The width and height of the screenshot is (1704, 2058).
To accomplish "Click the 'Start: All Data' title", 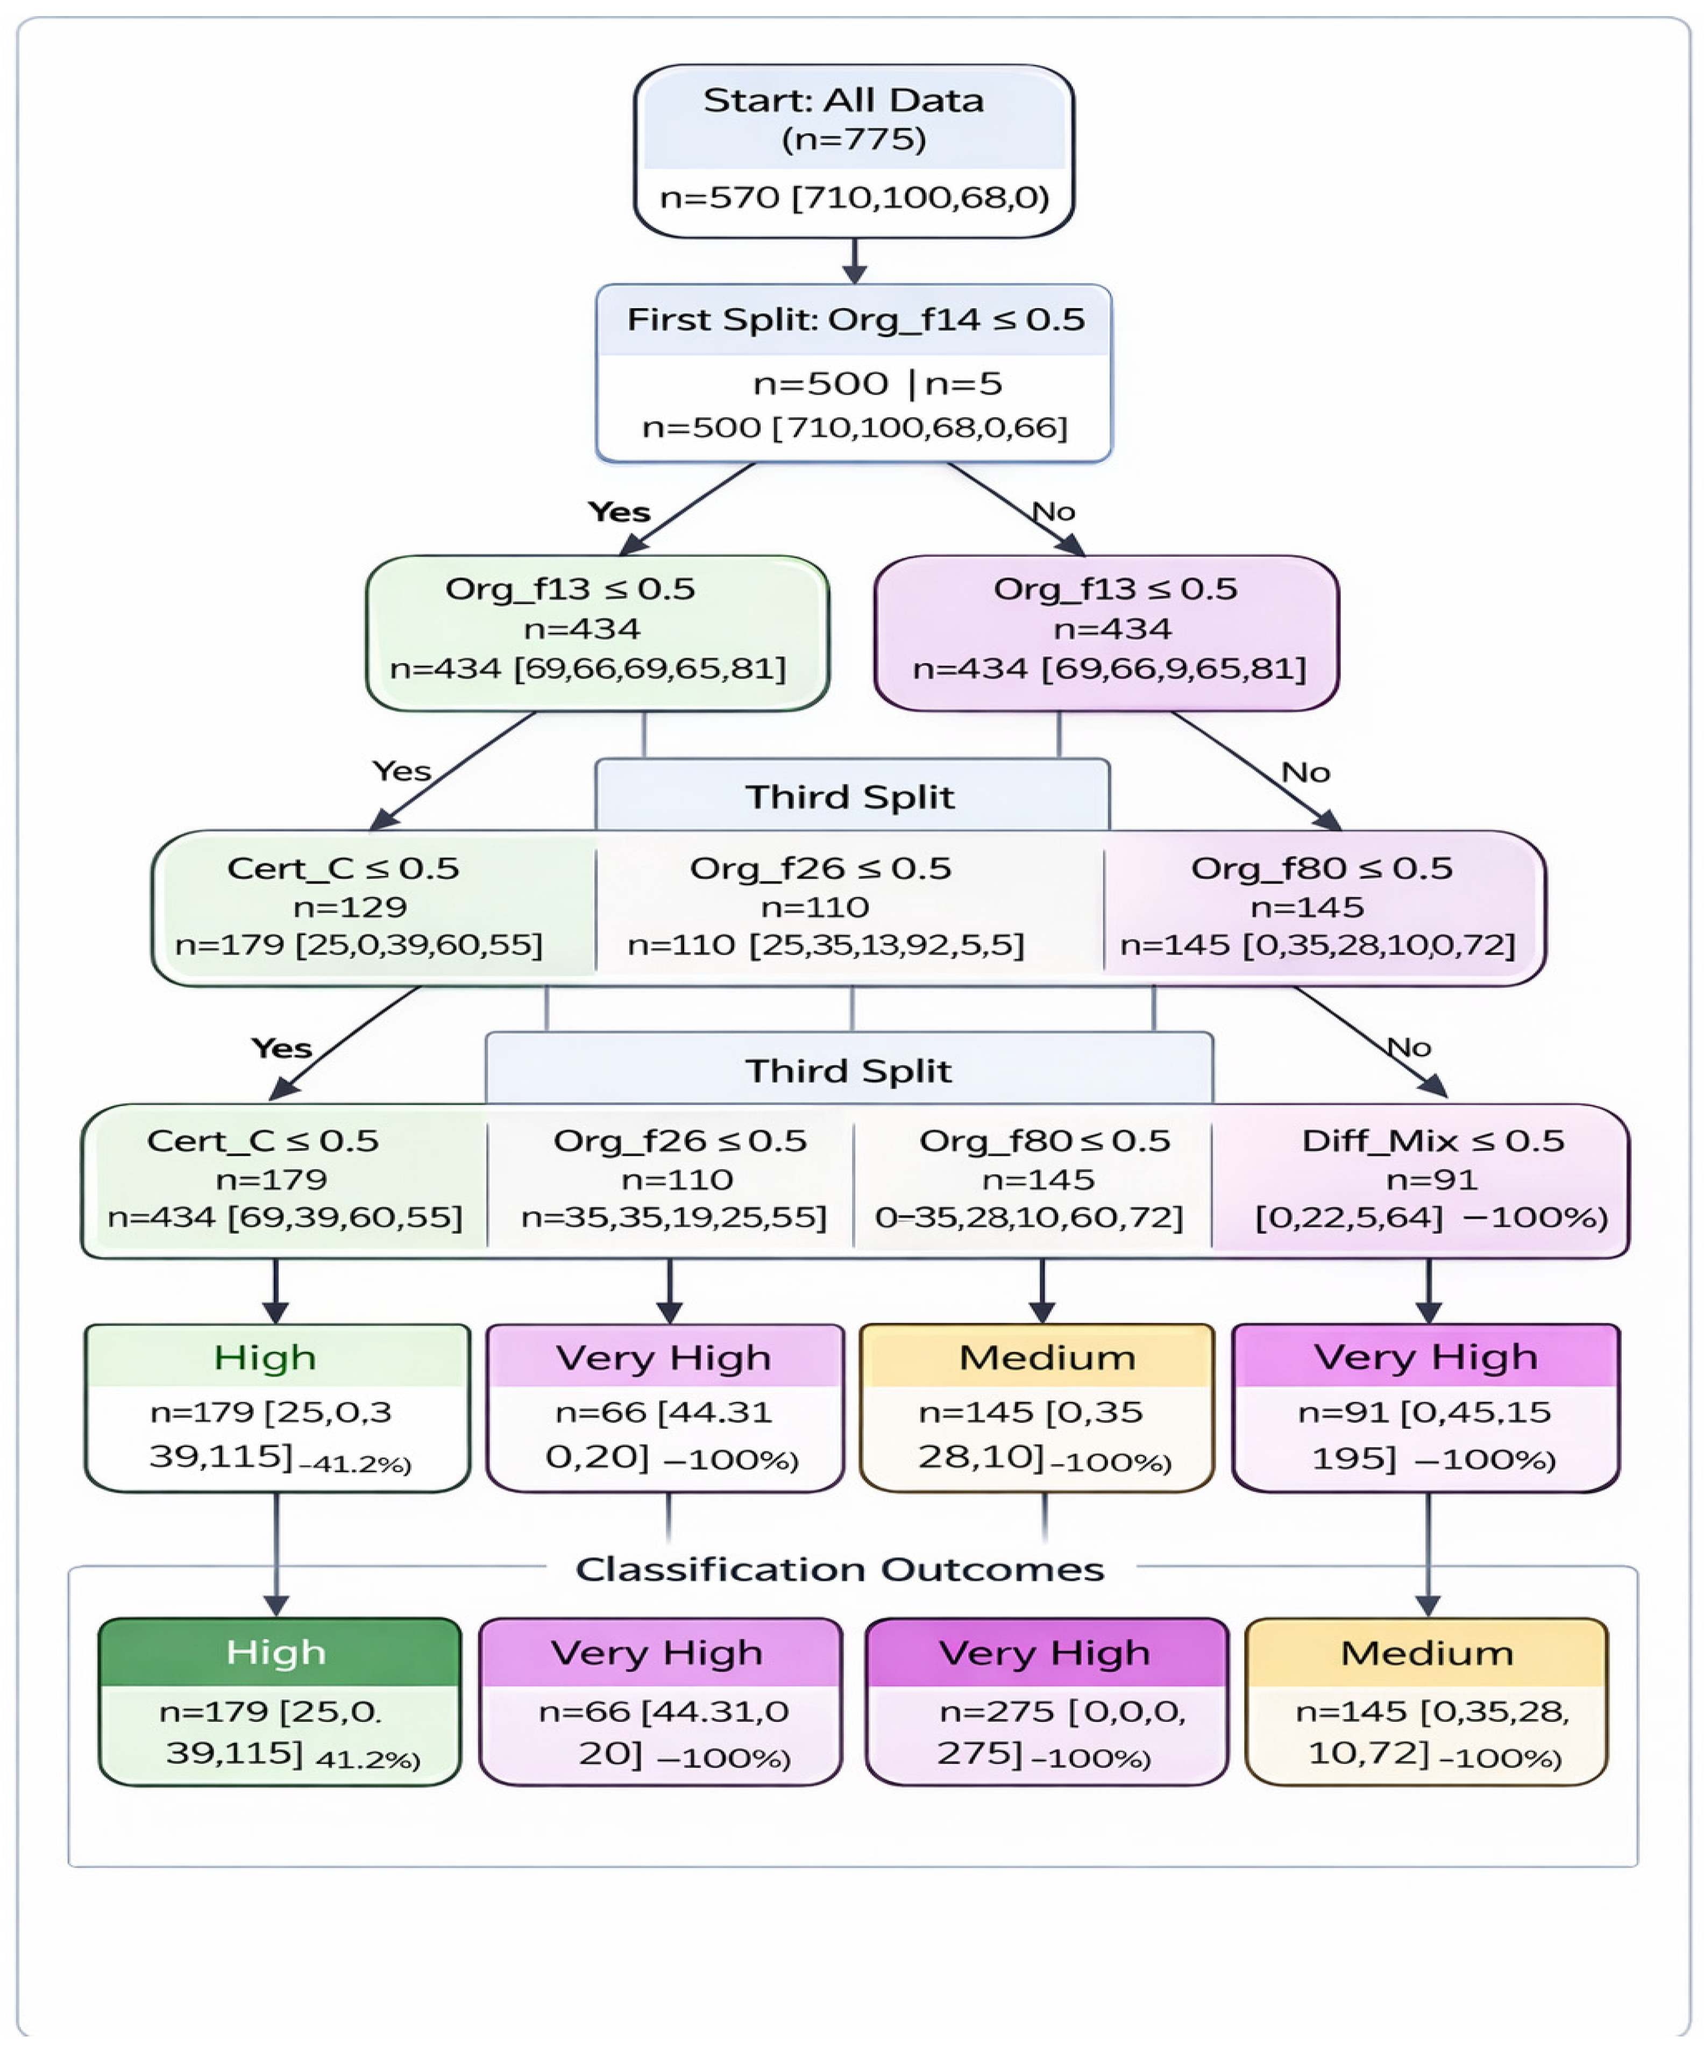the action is point(843,100).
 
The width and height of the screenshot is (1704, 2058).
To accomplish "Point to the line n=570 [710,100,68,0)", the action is point(854,198).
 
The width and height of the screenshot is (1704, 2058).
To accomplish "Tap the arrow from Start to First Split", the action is point(855,261).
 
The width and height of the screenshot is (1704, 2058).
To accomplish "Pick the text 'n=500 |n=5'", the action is point(877,383).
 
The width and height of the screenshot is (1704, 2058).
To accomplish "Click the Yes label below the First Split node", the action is point(619,511).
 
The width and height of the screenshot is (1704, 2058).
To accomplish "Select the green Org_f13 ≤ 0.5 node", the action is point(597,633).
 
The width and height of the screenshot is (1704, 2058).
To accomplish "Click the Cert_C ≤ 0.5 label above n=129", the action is point(343,868).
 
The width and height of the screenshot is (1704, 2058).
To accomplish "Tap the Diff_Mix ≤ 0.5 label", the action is point(1432,1141).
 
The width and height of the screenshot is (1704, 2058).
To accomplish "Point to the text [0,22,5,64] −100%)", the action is point(1431,1217).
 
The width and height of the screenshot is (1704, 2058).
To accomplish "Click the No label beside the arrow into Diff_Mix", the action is point(1409,1048).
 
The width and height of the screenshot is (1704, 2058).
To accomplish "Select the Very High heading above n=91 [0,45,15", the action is point(1425,1357).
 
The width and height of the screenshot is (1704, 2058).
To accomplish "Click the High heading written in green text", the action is point(265,1357).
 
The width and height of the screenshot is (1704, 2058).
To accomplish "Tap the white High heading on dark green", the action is point(275,1653).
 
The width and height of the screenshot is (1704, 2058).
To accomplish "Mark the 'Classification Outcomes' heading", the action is point(840,1569).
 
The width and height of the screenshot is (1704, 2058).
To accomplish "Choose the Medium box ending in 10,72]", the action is point(1426,1701).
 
